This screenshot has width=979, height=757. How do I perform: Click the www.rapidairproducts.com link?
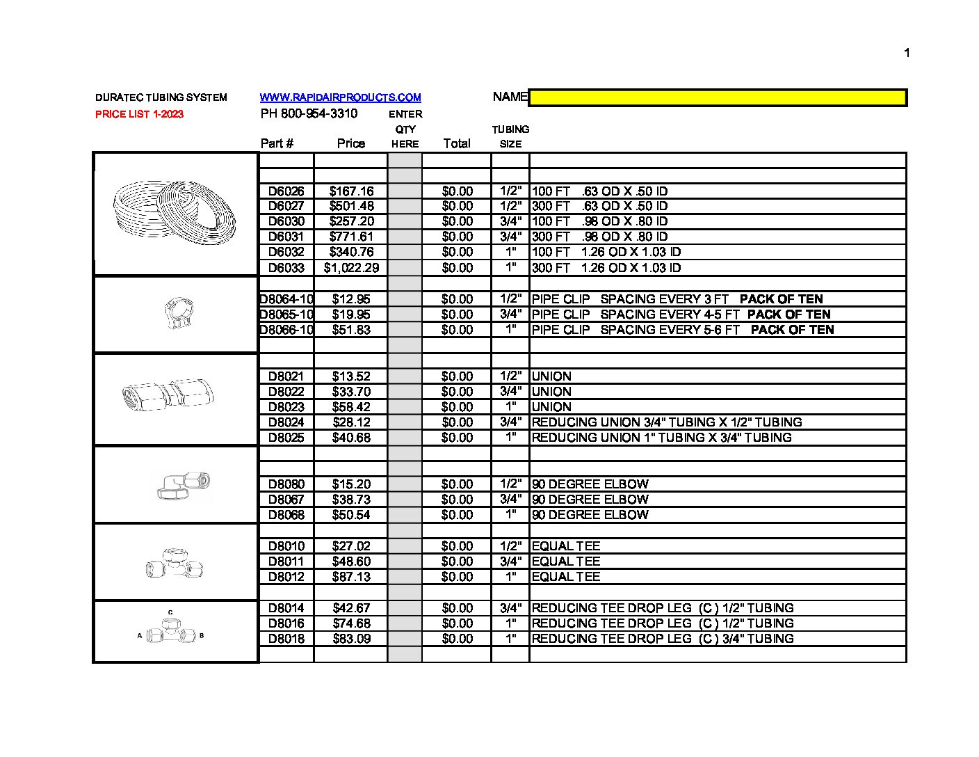point(340,97)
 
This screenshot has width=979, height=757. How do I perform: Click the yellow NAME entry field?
point(718,98)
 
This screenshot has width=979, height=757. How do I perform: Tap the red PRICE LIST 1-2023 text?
point(139,114)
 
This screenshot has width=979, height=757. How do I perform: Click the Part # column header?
point(277,143)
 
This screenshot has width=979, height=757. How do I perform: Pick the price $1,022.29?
point(351,268)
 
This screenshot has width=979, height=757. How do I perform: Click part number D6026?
point(286,191)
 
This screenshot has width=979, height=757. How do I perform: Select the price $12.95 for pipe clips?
point(351,299)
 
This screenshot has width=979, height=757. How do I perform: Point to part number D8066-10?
point(286,330)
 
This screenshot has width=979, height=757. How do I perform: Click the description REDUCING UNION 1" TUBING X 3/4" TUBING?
point(661,438)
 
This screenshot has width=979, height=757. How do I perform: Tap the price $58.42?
point(351,407)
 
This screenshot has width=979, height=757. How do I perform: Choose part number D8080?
point(286,484)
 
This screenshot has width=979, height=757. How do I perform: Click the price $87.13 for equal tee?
point(351,577)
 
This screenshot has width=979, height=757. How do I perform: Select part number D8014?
point(286,608)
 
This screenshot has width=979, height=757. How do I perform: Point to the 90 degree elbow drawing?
point(184,485)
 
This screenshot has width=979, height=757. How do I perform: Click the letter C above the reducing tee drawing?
point(170,612)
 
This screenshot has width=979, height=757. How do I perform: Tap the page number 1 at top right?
point(906,53)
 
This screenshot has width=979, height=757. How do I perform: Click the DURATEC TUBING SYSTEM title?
point(161,97)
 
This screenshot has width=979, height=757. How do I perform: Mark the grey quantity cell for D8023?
point(404,407)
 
